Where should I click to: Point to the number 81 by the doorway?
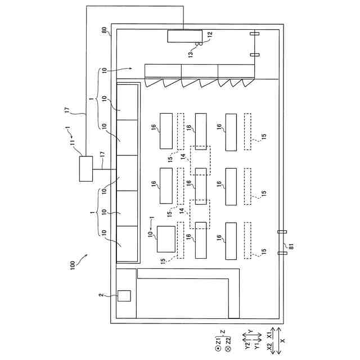[x=291, y=244]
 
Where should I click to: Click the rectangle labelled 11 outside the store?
[x=87, y=169]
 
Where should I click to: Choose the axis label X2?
[x=270, y=349]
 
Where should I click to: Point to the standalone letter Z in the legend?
[x=222, y=332]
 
